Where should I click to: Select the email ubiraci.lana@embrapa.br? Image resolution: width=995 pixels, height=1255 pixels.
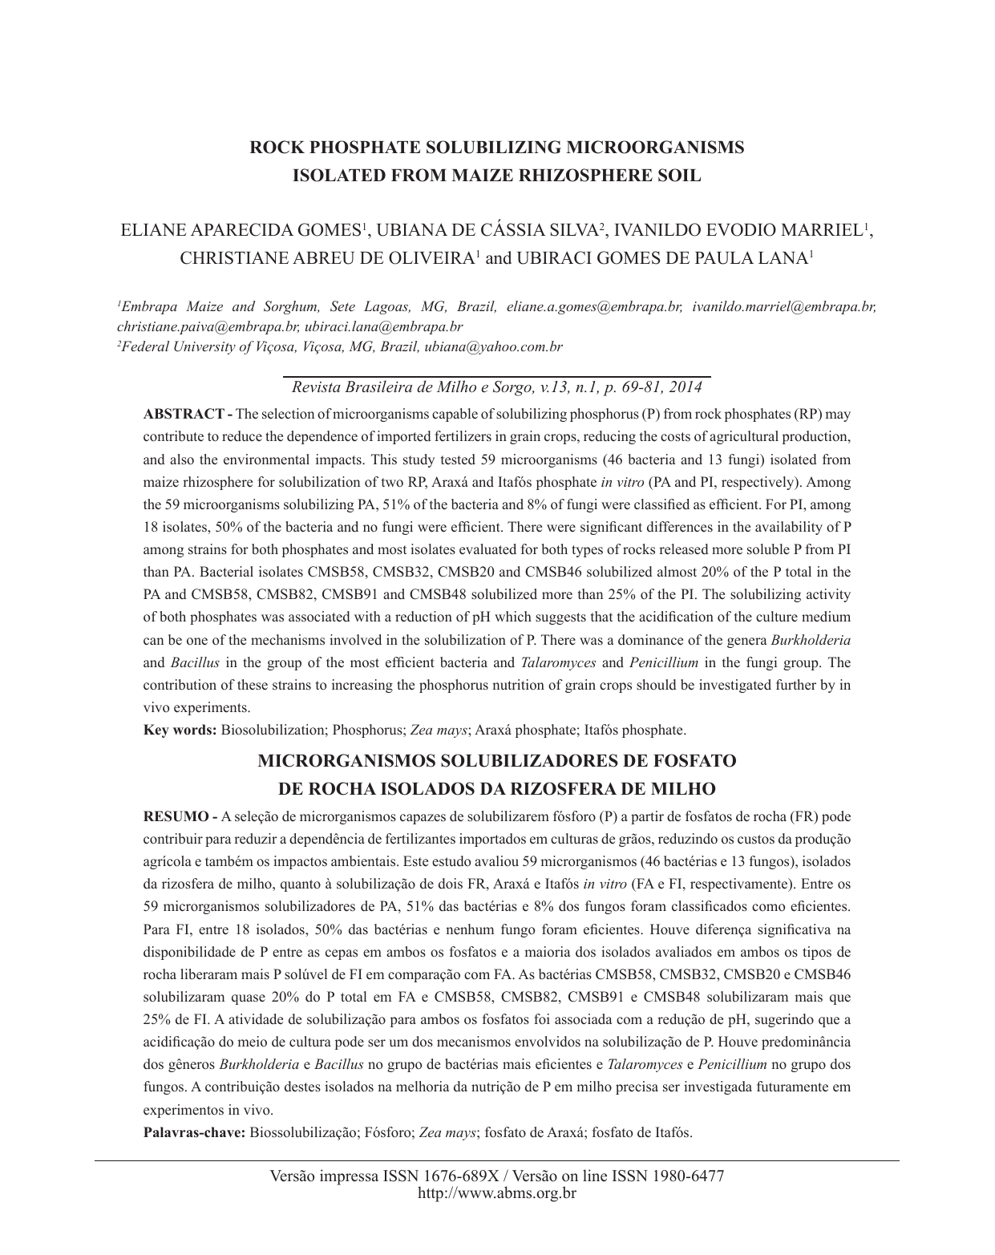point(383,327)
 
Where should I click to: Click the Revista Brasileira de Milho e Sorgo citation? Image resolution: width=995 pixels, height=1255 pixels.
point(497,387)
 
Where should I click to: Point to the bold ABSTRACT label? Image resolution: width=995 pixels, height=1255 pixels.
point(184,415)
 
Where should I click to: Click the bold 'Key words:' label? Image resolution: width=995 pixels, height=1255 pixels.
point(180,731)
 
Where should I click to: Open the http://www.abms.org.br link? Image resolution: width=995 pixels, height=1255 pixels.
point(497,1193)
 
